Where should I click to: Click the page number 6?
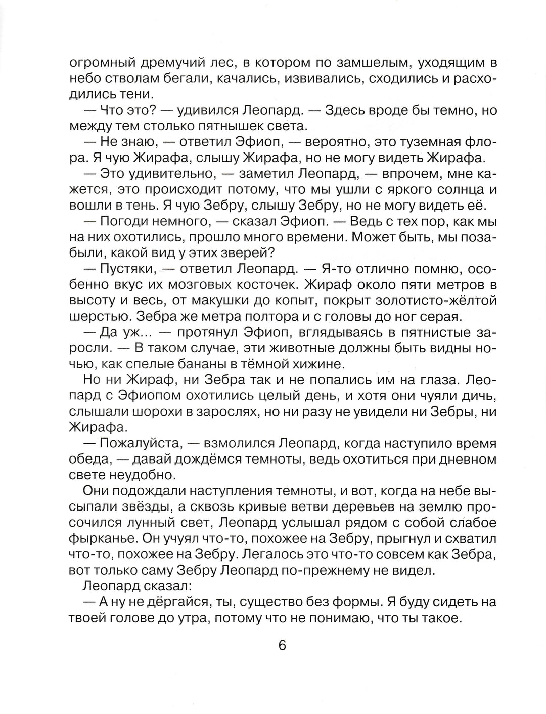coord(282,646)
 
